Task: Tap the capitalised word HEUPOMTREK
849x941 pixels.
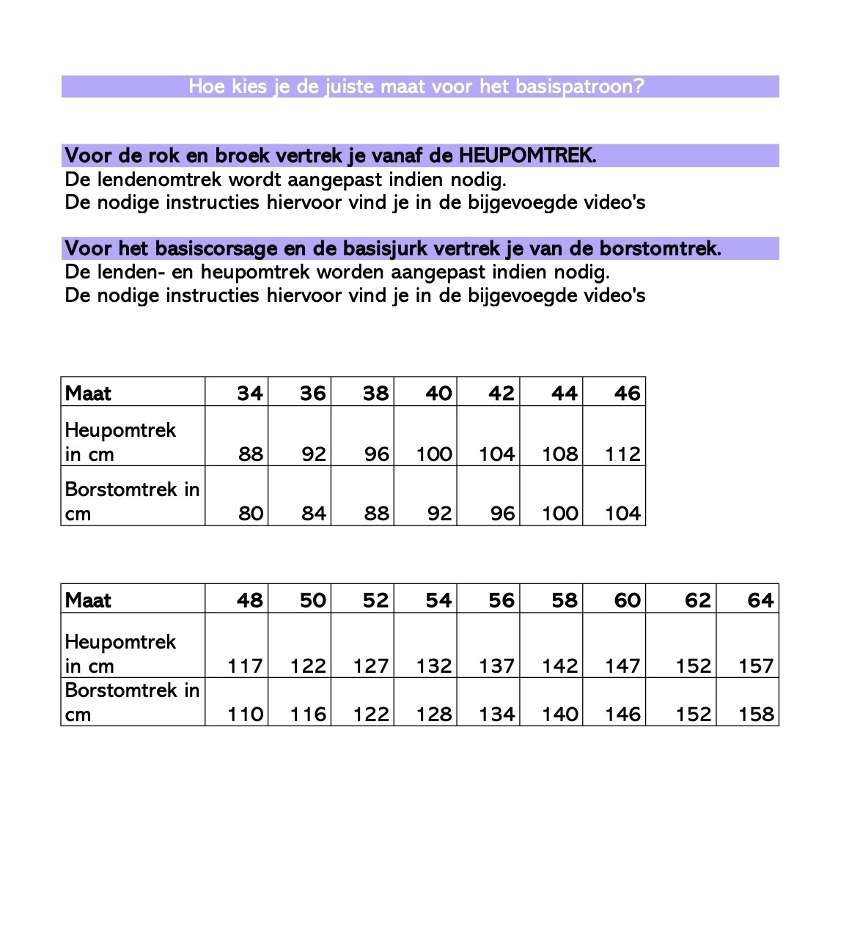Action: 526,155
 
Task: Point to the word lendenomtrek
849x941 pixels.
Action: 159,180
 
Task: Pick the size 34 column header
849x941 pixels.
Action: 250,394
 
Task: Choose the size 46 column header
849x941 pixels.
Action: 627,394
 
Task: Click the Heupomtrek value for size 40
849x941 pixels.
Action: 434,454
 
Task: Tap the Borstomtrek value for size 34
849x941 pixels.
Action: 251,514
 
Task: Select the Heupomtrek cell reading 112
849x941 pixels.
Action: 622,454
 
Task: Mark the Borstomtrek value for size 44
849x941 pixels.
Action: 560,514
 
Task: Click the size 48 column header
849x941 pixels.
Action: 250,600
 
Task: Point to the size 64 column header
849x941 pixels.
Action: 760,600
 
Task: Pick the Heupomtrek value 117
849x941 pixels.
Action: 245,666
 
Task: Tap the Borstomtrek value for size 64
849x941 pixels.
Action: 756,715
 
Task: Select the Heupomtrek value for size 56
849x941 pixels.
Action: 497,666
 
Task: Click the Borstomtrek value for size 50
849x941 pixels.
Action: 308,715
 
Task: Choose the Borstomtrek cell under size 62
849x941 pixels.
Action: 693,715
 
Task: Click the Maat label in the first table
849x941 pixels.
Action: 88,394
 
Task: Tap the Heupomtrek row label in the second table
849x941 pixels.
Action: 120,642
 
